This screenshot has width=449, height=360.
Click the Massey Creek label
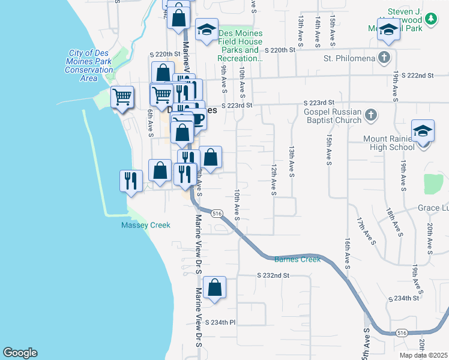(146, 225)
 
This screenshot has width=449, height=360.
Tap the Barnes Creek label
(298, 259)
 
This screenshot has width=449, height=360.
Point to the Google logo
(20, 353)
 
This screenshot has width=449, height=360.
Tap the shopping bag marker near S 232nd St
(215, 287)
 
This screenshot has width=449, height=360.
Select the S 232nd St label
(273, 275)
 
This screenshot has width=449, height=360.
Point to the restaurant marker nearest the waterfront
(130, 179)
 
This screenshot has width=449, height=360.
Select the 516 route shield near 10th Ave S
(217, 213)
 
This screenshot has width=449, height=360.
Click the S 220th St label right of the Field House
(281, 50)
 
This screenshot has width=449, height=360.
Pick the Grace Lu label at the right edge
(433, 209)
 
